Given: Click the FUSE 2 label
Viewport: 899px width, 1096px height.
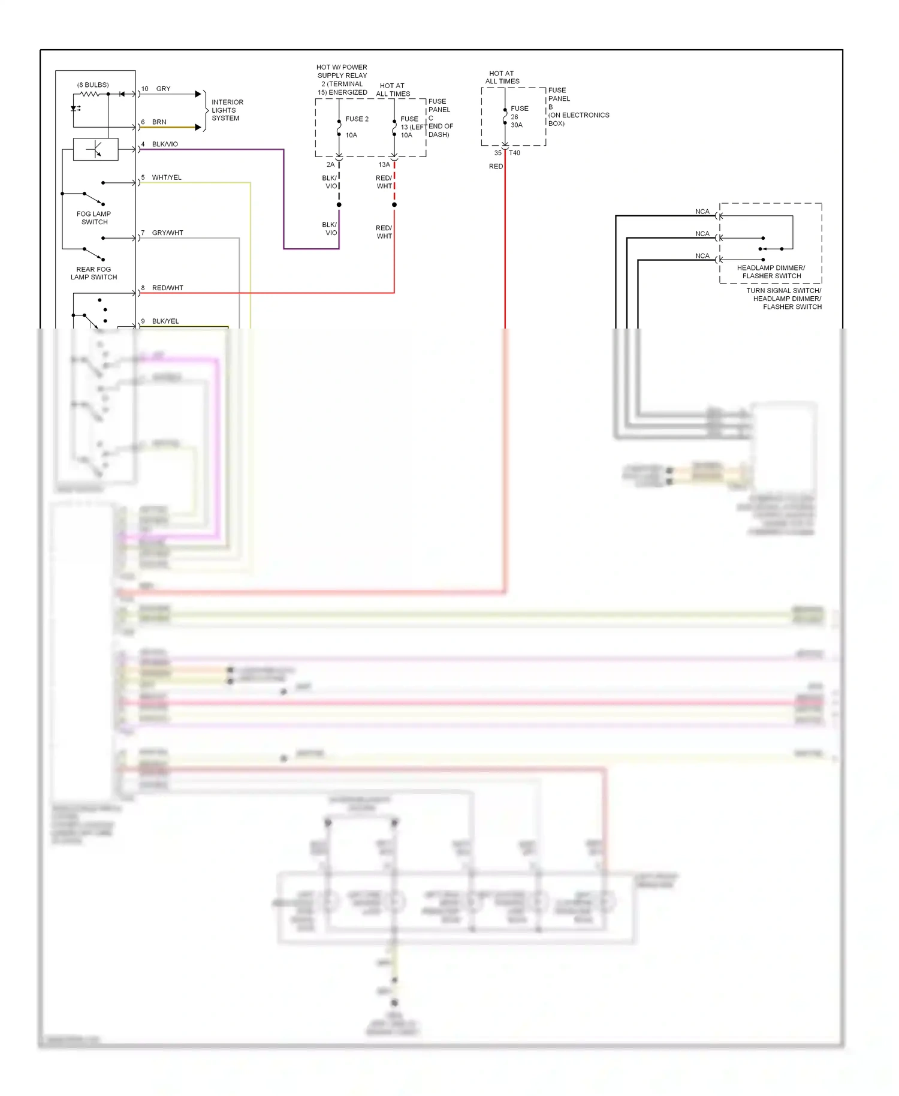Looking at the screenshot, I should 357,119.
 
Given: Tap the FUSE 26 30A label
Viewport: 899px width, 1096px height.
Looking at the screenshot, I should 519,117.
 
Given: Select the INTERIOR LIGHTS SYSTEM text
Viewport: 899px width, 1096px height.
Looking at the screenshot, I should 227,110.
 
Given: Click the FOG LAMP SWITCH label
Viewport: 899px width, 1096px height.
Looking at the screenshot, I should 94,218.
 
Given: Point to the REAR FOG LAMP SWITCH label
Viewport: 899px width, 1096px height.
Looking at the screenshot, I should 93,273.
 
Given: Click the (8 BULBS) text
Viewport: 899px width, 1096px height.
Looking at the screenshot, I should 93,85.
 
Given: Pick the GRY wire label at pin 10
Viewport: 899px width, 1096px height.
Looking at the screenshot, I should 163,89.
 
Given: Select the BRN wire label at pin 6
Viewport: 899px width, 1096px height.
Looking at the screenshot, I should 159,122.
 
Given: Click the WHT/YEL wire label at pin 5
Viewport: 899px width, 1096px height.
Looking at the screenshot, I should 167,177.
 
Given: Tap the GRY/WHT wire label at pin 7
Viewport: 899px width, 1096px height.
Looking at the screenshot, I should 167,233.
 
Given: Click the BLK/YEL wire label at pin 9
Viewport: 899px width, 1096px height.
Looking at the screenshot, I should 165,321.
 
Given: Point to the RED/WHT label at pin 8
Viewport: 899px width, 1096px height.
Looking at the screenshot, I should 167,288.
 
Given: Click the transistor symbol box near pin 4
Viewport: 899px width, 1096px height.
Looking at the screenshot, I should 95,149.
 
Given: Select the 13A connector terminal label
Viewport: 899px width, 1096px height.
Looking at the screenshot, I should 384,164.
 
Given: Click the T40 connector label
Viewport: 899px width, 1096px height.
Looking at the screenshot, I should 514,153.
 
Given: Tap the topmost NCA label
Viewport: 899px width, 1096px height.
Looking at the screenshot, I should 702,212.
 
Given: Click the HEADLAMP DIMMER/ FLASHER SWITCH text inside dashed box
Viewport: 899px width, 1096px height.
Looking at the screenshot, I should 771,272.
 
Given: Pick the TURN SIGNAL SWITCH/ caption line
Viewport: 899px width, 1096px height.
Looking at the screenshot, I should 783,290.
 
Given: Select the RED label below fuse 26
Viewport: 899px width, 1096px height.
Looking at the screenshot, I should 496,166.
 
